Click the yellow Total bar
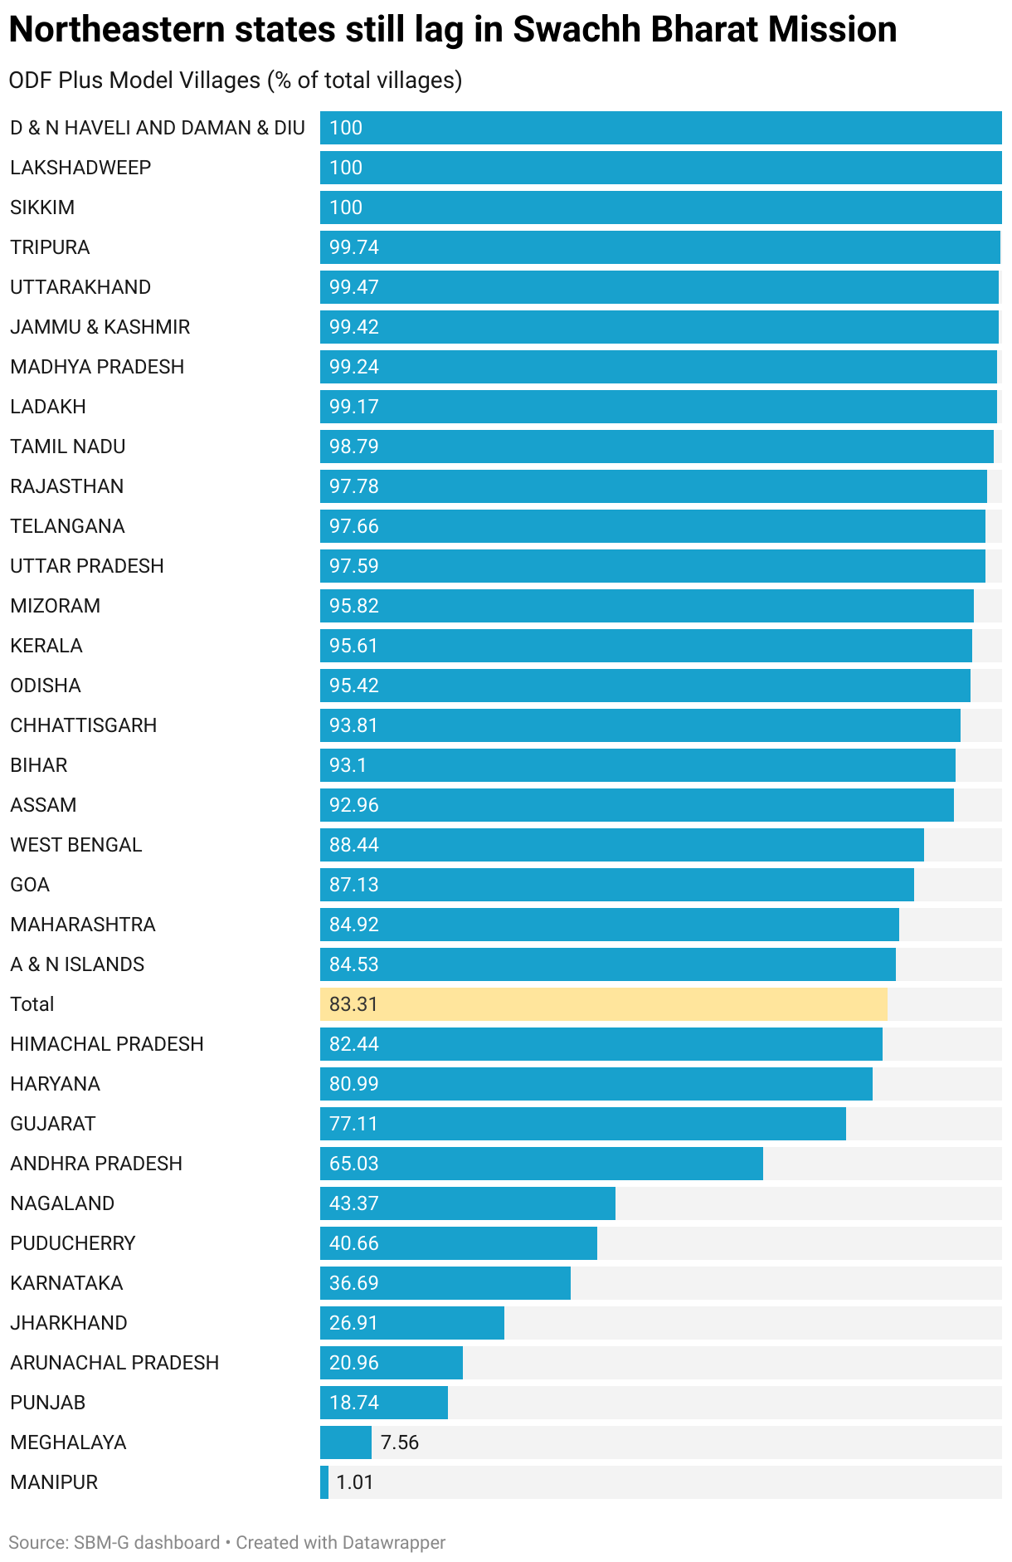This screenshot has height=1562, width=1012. [603, 1004]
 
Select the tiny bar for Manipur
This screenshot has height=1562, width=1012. [324, 1482]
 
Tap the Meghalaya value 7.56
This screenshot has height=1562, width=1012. [399, 1442]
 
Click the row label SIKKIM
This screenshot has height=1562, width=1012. [42, 207]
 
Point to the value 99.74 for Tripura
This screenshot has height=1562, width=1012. [353, 247]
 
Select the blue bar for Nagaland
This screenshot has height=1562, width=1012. [467, 1203]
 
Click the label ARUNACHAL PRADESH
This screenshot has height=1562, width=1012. [114, 1363]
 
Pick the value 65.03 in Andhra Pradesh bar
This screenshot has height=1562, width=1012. [353, 1164]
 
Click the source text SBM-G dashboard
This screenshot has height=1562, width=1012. [147, 1543]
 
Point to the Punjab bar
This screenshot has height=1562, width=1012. [384, 1403]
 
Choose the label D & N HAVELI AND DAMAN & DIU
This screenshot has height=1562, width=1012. [158, 128]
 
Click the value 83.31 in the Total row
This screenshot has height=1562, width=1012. [353, 1004]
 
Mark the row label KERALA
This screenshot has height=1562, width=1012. [46, 646]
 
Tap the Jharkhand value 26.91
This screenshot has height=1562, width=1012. [353, 1323]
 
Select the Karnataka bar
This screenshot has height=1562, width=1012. [445, 1283]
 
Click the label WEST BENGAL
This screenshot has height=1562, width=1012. [76, 845]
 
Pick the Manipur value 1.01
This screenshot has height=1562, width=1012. [354, 1482]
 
